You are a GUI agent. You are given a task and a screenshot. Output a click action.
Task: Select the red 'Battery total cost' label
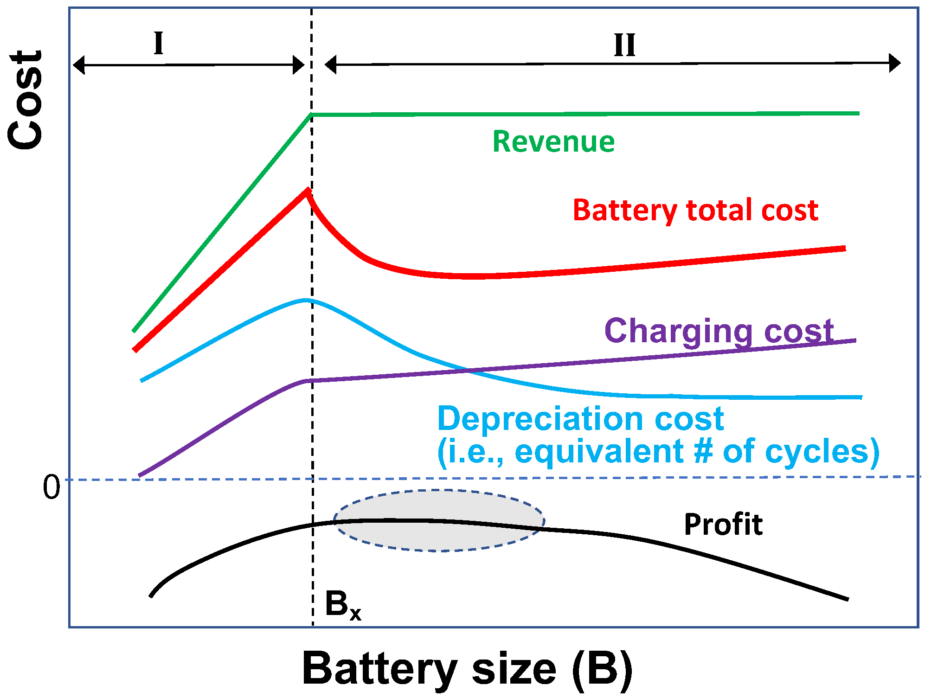tap(695, 210)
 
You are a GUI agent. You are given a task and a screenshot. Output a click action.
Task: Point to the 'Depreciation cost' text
tap(580, 418)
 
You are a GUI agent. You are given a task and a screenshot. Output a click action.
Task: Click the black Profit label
tap(723, 525)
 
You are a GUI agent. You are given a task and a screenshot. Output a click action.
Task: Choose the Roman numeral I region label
tap(159, 44)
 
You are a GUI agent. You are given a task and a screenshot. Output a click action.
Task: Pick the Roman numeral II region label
tap(624, 45)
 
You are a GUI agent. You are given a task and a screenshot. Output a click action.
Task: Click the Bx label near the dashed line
tap(343, 605)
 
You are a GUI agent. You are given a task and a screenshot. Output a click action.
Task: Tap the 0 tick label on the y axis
tap(51, 487)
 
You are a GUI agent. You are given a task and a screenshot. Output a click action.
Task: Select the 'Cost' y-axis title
tap(26, 100)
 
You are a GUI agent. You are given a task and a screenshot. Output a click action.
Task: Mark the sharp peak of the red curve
tap(307, 190)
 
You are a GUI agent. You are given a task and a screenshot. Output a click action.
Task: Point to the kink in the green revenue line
tap(311, 114)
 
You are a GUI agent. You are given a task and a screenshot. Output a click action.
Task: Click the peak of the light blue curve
tap(305, 300)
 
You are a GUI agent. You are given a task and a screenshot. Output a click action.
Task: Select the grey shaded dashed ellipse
tap(438, 520)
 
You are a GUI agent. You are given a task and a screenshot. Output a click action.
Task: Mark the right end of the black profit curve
tap(847, 599)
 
